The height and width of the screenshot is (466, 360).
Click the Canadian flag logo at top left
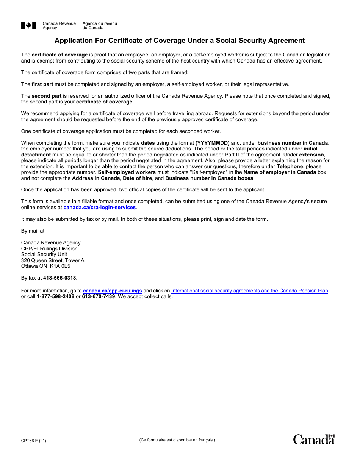click(29, 26)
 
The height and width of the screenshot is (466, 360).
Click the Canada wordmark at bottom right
click(314, 439)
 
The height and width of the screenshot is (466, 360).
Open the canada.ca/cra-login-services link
click(99, 208)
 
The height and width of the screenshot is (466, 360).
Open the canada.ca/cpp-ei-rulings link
click(113, 291)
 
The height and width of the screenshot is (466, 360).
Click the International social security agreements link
click(249, 291)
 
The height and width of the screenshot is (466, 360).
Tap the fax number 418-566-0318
click(59, 278)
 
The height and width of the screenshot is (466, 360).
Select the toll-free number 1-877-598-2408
click(55, 297)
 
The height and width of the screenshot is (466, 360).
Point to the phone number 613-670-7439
click(98, 297)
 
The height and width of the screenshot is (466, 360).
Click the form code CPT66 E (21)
click(34, 441)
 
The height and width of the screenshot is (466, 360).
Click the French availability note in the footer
click(177, 440)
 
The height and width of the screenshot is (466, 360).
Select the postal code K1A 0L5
click(60, 266)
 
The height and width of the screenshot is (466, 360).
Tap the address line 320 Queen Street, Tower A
click(53, 261)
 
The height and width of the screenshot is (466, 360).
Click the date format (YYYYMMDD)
click(212, 143)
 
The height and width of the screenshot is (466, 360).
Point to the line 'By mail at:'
click(33, 231)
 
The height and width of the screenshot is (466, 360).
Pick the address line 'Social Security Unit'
click(44, 255)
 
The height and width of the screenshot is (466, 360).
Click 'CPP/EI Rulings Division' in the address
click(49, 249)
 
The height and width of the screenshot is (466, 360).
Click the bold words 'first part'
click(42, 84)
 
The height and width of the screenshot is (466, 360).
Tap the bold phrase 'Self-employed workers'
click(127, 172)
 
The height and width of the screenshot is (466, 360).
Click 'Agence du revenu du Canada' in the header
click(100, 26)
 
